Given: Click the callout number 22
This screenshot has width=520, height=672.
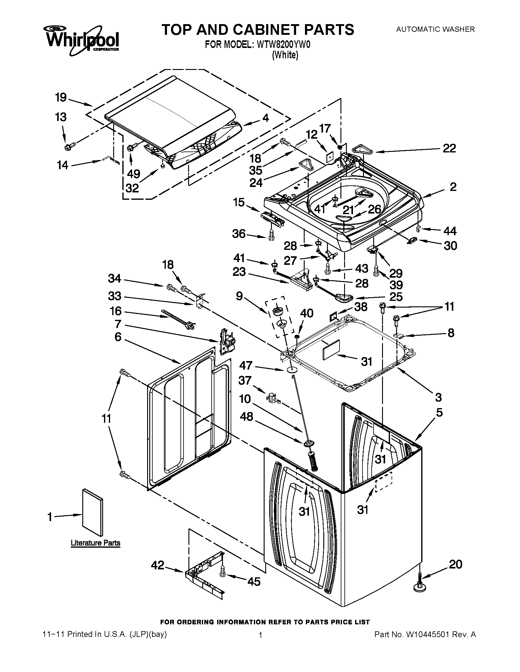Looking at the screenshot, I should (x=449, y=148).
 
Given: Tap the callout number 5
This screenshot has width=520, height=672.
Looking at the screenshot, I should (x=439, y=412).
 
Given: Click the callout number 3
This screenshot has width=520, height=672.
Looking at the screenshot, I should (x=438, y=397).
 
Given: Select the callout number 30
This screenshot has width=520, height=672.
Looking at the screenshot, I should (x=450, y=246).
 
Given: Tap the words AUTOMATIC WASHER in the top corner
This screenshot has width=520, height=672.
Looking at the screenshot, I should (x=435, y=29).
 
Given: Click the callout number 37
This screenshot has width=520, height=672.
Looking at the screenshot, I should (x=245, y=380).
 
